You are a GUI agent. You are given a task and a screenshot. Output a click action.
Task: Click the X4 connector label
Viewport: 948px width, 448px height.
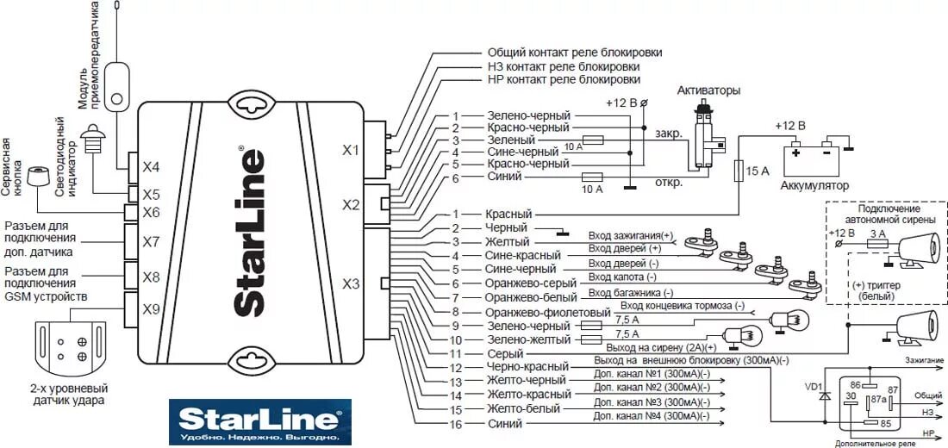click(151, 166)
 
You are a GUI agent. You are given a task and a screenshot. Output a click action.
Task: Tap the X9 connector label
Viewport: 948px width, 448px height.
click(151, 308)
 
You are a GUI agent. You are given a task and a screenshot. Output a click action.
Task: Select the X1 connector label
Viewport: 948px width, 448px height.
click(351, 150)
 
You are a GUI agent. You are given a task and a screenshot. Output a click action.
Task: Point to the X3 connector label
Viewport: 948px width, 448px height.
click(351, 283)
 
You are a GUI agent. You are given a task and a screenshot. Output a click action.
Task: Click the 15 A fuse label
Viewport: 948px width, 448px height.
click(758, 171)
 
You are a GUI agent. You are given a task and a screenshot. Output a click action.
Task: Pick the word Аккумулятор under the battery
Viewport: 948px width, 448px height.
click(814, 185)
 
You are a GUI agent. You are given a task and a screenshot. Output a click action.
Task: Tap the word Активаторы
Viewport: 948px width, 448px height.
click(708, 90)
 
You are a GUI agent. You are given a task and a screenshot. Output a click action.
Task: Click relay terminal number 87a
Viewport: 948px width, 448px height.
click(876, 399)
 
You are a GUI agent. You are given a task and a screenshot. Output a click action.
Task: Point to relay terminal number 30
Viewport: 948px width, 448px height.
click(851, 395)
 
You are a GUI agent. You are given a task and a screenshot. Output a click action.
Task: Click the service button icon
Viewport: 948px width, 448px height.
click(37, 177)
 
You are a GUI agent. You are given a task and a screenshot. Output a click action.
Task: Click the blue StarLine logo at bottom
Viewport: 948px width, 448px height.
click(259, 421)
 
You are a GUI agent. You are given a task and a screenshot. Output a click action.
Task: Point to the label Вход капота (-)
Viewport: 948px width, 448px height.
click(622, 277)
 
